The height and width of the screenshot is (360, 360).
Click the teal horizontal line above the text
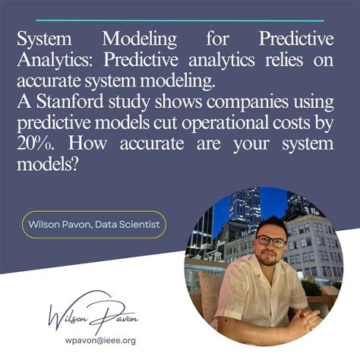point(179,21)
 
